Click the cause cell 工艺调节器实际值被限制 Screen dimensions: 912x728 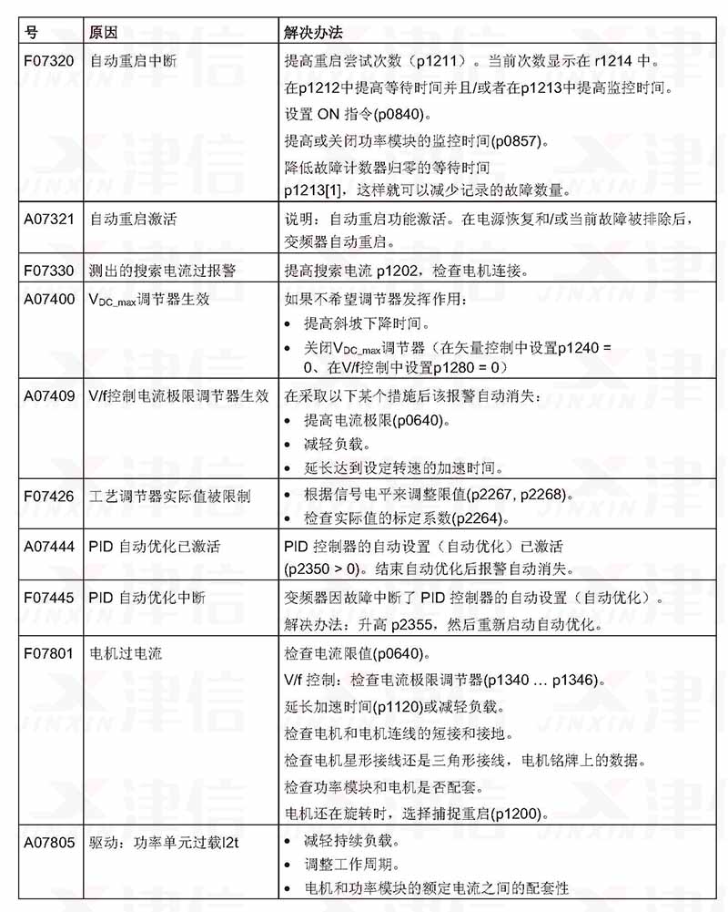[170, 496]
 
